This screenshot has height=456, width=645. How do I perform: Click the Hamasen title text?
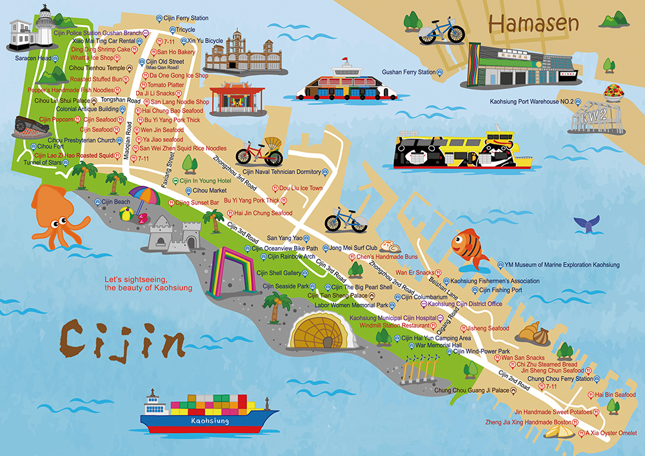pos(533,23)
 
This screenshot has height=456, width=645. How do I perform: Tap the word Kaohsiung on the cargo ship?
pos(210,421)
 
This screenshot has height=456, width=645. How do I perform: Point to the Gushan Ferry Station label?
pos(408,72)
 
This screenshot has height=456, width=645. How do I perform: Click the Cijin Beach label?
pos(117,202)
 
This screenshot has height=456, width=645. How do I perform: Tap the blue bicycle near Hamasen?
pos(441,31)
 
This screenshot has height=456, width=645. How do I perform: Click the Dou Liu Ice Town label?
pos(301,188)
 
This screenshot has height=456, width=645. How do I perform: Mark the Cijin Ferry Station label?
pos(186,18)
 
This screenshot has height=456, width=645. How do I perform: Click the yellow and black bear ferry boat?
pos(459,149)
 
